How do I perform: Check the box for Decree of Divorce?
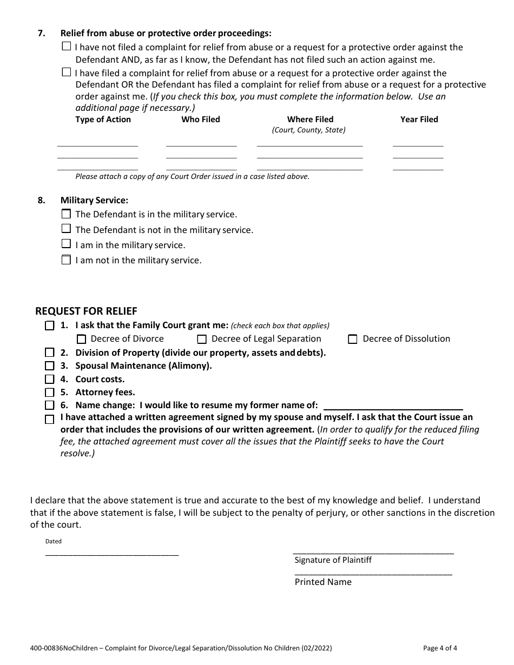82,340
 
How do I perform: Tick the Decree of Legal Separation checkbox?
202,340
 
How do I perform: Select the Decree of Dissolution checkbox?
353,340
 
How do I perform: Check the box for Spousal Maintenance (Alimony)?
50,366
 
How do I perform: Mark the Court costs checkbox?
50,380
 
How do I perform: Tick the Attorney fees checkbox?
50,393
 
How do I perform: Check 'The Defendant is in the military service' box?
66,214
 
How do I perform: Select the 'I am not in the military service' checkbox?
66,260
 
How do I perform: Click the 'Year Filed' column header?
419,119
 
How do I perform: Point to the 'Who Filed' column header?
201,119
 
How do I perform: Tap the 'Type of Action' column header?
103,119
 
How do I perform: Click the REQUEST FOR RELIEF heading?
86,311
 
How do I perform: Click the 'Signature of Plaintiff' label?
333,560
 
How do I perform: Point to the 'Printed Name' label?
323,582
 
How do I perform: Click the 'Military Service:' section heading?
94,200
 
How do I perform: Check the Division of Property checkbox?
50,353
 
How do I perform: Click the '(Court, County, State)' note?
308,130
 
